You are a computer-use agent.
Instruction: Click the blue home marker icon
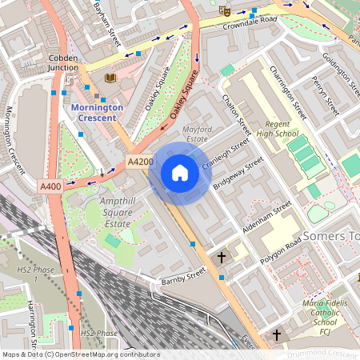click(180, 172)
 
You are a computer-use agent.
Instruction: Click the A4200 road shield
click(140, 162)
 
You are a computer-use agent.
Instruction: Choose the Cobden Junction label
click(63, 63)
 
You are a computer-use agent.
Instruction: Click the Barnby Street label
click(184, 277)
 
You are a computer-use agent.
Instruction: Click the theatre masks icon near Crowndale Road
click(225, 10)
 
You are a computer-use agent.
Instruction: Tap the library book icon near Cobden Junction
click(110, 78)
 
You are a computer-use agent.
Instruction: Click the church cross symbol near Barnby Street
click(222, 258)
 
